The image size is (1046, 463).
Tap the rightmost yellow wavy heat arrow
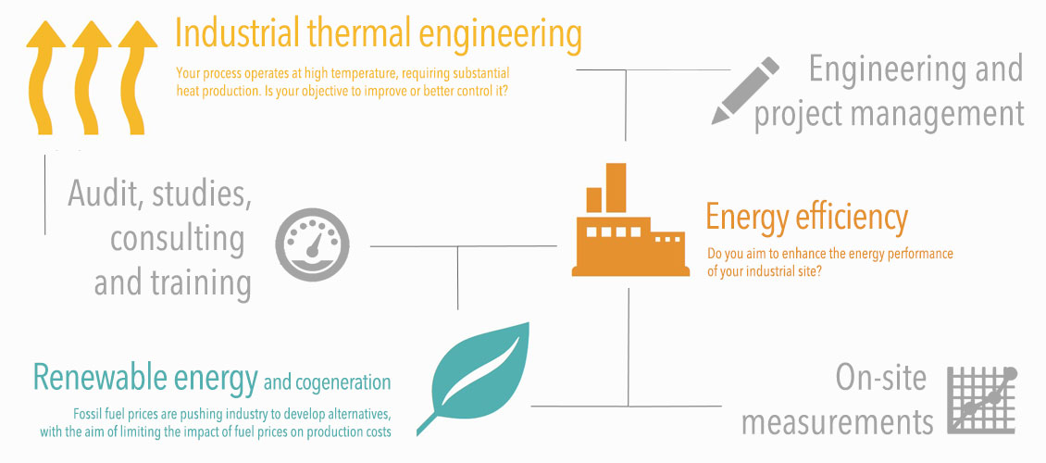136,80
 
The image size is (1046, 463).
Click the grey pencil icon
745,90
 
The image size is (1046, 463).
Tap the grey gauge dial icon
312,244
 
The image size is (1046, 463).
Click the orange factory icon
630,219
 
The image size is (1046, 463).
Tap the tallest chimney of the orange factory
616,187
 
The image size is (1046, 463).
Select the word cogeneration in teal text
347,383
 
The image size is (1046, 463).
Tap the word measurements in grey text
837,421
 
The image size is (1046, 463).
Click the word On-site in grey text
880,379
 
